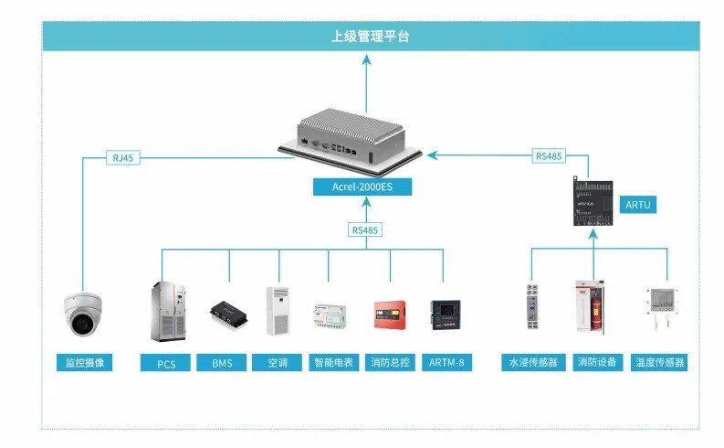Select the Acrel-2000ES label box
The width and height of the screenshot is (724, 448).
[362, 187]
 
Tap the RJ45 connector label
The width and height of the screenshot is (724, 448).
[122, 158]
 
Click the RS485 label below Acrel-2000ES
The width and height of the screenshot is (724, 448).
[365, 230]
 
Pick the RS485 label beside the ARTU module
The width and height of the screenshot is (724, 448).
[549, 156]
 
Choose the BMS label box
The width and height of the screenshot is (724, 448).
[223, 363]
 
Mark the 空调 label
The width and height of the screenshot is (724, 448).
[278, 363]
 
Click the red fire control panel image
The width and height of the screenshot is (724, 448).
[390, 314]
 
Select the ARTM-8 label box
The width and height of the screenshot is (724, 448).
[446, 363]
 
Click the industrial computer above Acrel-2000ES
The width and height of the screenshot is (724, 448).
[360, 137]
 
